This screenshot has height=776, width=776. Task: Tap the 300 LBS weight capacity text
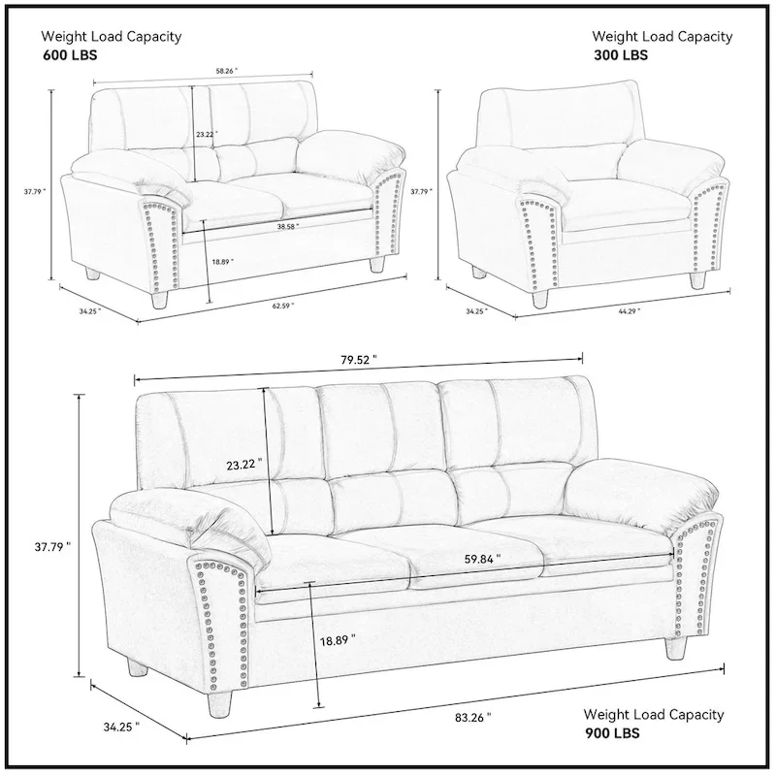click(621, 55)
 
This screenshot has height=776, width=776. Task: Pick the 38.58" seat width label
click(287, 226)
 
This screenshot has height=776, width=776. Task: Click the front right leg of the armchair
click(695, 278)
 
